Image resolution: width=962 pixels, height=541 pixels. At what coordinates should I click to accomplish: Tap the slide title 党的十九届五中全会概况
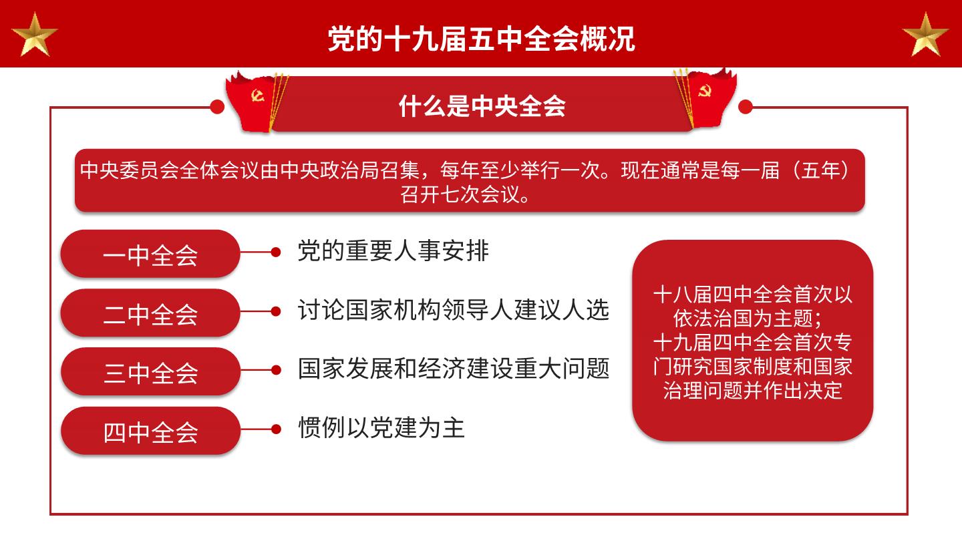[481, 39]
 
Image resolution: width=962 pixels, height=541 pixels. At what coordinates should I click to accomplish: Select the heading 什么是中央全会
[482, 106]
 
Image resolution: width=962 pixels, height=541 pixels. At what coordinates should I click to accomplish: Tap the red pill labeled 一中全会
[150, 254]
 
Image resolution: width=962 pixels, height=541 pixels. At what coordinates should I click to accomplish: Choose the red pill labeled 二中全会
[150, 313]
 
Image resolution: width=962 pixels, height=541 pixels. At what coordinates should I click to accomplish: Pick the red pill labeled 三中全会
[150, 371]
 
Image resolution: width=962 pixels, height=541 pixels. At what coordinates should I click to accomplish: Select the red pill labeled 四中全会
[150, 431]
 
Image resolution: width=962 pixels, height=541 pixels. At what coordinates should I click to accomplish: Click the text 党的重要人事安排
[393, 250]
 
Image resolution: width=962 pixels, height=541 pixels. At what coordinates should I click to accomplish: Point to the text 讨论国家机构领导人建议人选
[454, 310]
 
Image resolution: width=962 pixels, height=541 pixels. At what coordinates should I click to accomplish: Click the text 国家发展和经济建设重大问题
[454, 369]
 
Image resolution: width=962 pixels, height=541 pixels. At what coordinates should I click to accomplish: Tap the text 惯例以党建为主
[381, 427]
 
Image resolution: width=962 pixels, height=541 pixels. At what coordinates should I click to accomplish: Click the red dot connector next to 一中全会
[276, 252]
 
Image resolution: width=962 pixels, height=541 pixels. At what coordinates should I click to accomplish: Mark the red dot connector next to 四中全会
[276, 429]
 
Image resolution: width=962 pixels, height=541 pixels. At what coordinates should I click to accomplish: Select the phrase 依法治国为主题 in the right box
[743, 318]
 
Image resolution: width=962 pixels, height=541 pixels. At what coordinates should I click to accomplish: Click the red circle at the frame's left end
[217, 107]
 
